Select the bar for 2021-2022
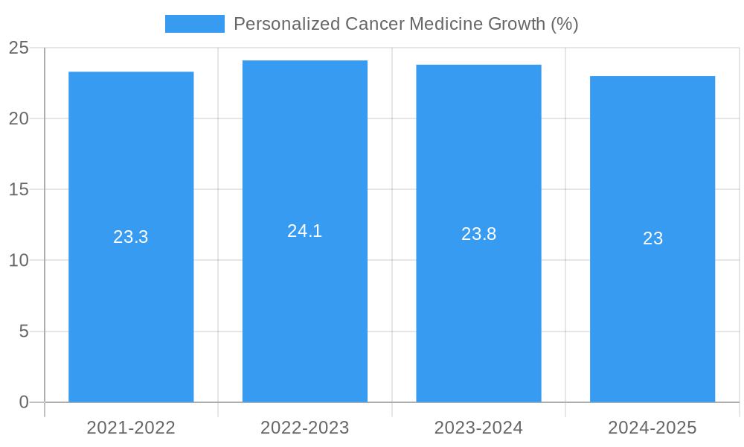tap(131, 298)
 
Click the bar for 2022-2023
tap(305, 298)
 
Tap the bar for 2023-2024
tap(478, 298)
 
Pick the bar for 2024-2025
tap(652, 298)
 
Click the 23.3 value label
tap(131, 237)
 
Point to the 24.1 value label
tap(305, 231)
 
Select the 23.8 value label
tap(478, 234)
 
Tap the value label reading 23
tap(652, 238)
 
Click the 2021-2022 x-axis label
tap(131, 428)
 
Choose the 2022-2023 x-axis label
tap(305, 428)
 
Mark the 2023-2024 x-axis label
tap(478, 428)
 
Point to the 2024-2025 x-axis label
tap(652, 428)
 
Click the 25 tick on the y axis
tap(19, 48)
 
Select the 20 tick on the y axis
tap(19, 118)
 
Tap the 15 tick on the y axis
tap(19, 189)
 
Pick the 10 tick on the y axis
tap(19, 260)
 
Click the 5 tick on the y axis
tap(24, 331)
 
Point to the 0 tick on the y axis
tap(24, 402)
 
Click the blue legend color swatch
tap(195, 24)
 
